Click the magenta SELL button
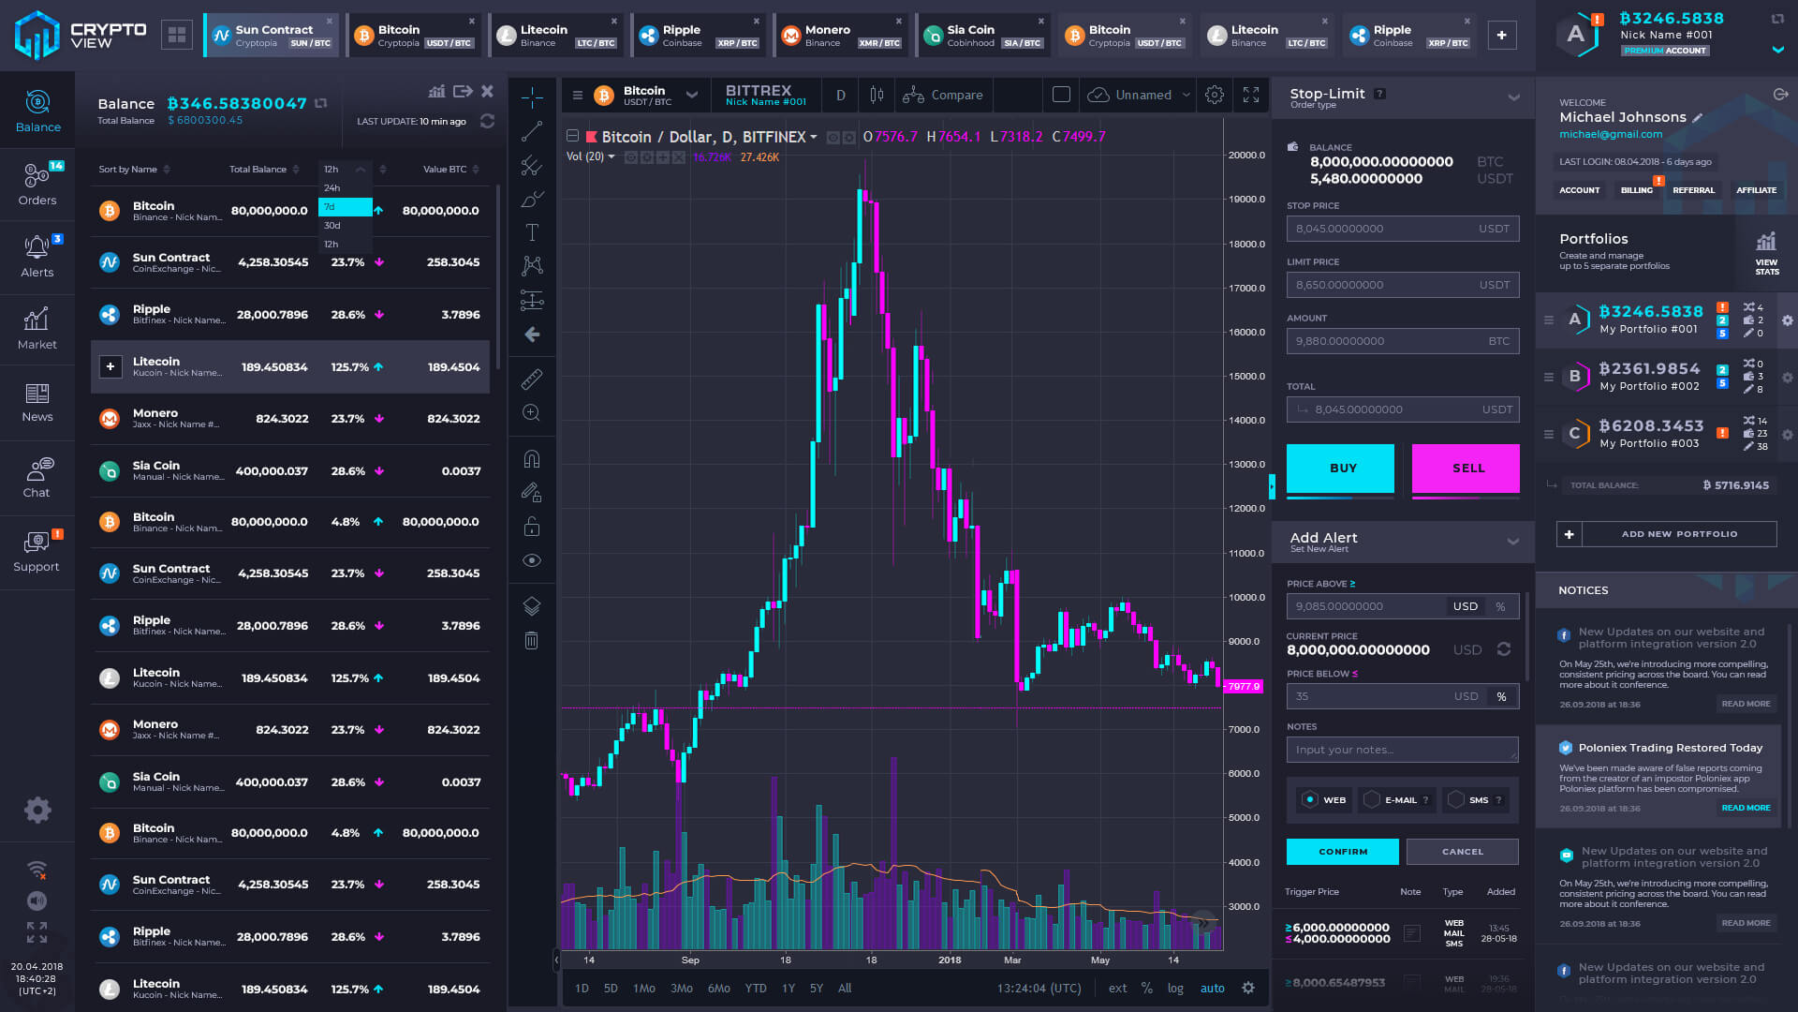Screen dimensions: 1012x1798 [x=1466, y=468]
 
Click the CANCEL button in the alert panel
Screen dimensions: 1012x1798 [x=1462, y=852]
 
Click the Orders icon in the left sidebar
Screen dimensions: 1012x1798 [x=37, y=184]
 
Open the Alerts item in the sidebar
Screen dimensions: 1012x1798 [x=37, y=256]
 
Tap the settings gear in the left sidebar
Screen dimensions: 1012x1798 [x=37, y=810]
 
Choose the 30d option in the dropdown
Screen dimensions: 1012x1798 [x=333, y=226]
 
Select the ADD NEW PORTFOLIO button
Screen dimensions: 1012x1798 [x=1678, y=534]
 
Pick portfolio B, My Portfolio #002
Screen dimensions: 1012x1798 [x=1649, y=377]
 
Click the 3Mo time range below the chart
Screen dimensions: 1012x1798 [x=682, y=989]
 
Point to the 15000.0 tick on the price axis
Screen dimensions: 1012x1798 [x=1246, y=377]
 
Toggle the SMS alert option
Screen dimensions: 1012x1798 [x=1470, y=800]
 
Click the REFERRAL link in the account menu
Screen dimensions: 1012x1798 [x=1693, y=190]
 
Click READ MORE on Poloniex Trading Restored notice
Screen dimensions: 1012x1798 [x=1746, y=808]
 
